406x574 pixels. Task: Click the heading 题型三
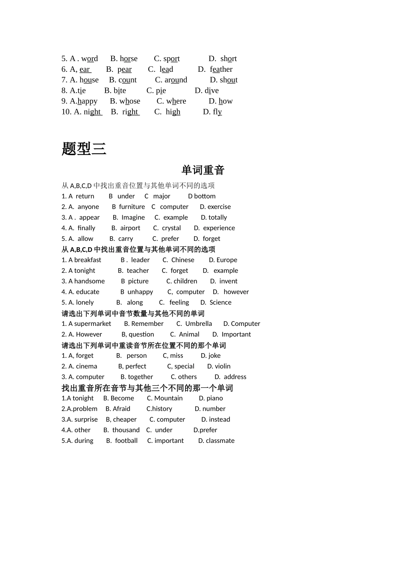84,149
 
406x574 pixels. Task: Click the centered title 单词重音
203,170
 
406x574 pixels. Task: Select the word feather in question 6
221,69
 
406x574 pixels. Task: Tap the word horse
129,59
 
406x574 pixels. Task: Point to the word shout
229,80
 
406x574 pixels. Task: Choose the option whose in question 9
130,101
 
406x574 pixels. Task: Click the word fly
218,112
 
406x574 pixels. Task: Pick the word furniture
132,207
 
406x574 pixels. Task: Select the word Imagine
133,217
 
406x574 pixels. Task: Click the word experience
219,228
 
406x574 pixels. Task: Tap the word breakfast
88,260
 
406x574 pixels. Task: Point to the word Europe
227,260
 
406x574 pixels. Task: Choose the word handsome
89,281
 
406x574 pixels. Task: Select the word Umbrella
199,324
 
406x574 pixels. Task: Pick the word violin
223,366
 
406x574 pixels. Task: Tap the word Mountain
168,398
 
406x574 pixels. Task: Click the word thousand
126,430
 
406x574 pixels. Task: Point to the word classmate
220,441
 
